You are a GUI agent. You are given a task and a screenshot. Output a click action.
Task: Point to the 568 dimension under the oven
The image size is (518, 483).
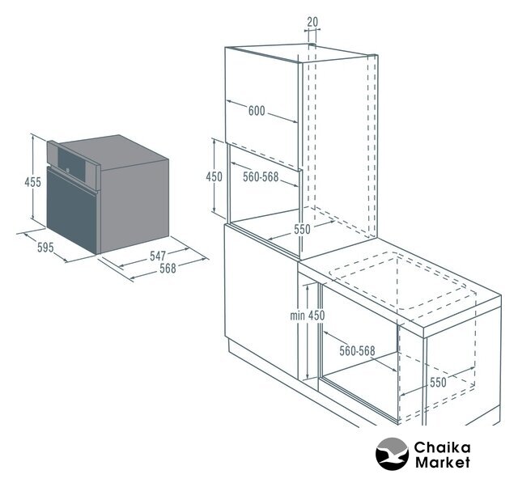click(168, 269)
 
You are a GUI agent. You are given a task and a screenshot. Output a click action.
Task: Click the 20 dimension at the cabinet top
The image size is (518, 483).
click(313, 22)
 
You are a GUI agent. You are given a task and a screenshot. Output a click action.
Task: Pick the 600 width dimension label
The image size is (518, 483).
click(257, 112)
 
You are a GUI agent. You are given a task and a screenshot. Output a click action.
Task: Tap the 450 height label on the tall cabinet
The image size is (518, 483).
click(214, 177)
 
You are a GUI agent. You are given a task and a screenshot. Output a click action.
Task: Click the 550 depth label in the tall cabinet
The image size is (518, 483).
click(301, 229)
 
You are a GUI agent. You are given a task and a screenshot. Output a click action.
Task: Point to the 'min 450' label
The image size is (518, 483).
click(308, 315)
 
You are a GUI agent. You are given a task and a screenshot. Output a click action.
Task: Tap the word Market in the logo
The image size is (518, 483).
click(442, 464)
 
